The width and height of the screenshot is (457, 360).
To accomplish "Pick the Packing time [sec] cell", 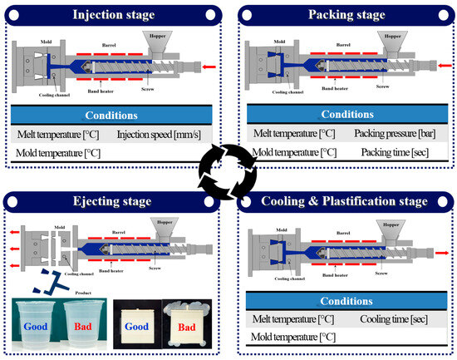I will click(x=393, y=153).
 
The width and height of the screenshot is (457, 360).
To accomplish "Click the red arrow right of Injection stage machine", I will click(x=210, y=66).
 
